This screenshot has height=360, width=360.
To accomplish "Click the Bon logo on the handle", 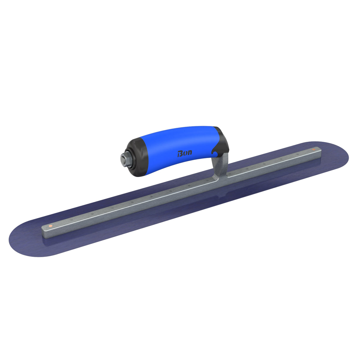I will [184, 153].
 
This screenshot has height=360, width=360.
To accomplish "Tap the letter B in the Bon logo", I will [180, 154].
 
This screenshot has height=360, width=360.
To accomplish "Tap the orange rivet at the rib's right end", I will [313, 149].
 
